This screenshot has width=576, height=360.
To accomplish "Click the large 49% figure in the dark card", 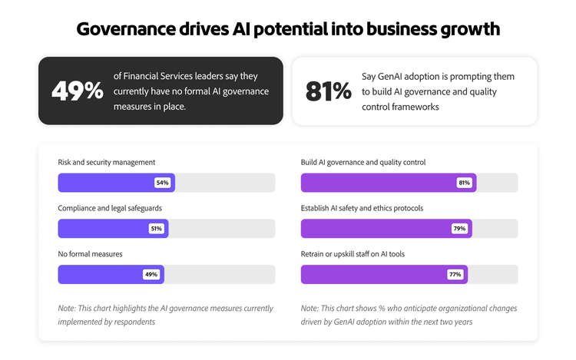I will click(77, 91).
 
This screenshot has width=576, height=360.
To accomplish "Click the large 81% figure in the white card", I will click(328, 91).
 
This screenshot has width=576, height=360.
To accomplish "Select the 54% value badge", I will click(162, 183).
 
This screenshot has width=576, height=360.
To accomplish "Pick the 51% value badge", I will click(156, 229).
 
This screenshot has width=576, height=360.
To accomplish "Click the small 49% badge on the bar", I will click(151, 274).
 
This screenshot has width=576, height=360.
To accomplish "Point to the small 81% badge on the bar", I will click(464, 183).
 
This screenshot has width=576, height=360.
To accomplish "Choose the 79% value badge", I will click(459, 229).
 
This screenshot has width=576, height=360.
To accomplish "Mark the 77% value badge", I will click(455, 274).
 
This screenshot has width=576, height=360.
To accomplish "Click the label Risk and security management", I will click(107, 162).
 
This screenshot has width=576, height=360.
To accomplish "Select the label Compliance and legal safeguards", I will click(110, 208).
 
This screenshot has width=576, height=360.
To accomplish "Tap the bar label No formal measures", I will click(90, 253).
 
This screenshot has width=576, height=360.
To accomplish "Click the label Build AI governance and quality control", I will click(363, 162).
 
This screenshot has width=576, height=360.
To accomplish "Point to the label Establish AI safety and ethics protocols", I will click(362, 208).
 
